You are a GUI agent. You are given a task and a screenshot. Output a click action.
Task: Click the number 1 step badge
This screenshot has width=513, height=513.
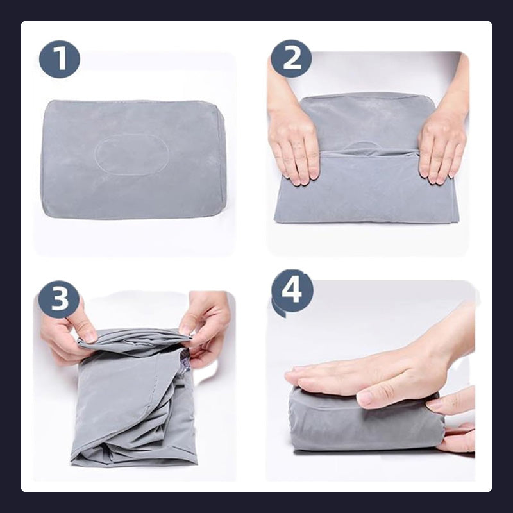[60, 59]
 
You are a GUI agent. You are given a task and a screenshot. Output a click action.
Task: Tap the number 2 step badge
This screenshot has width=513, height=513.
[291, 58]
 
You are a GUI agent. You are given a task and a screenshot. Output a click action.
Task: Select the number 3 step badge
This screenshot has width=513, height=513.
[59, 299]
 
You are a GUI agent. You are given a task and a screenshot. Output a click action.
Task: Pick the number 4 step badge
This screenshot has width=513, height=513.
[292, 291]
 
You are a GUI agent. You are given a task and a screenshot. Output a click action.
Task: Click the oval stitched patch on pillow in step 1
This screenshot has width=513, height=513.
[131, 155]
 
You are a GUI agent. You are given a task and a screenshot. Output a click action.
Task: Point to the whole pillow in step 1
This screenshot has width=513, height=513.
[133, 159]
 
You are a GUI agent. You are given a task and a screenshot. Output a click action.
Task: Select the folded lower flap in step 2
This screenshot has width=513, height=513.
[366, 187]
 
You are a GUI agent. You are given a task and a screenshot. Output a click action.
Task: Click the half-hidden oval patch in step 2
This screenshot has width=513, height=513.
[362, 147]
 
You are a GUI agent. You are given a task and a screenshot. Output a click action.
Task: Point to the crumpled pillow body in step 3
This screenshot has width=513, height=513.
[134, 398]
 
